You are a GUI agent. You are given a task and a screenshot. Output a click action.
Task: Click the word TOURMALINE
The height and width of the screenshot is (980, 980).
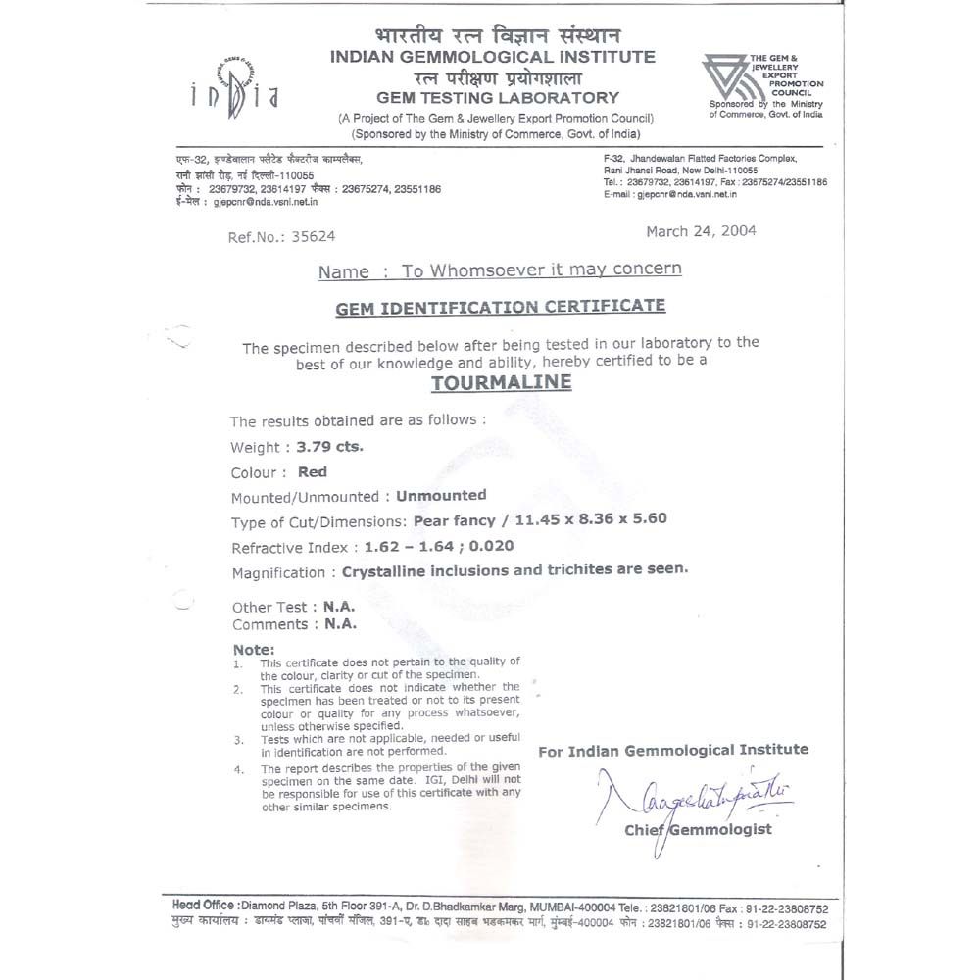tap(501, 382)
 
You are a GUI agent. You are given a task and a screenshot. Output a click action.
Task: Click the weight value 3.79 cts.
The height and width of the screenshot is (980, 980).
tap(329, 447)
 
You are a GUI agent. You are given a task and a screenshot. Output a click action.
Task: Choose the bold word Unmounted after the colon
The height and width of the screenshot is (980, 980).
tap(438, 495)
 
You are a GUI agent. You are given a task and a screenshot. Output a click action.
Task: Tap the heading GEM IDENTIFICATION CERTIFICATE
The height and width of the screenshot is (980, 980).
tap(500, 307)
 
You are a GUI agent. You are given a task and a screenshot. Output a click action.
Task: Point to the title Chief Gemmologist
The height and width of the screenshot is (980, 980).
tap(698, 830)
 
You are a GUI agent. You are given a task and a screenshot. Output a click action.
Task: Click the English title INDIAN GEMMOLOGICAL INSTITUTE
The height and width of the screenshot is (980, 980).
tap(493, 57)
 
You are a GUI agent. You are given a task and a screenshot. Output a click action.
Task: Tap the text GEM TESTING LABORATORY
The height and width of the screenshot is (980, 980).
tap(498, 97)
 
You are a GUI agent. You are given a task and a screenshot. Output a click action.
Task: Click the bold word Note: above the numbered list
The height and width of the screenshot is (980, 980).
tap(254, 650)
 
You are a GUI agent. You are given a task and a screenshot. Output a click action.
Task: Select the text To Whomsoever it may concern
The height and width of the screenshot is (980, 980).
tap(542, 269)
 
